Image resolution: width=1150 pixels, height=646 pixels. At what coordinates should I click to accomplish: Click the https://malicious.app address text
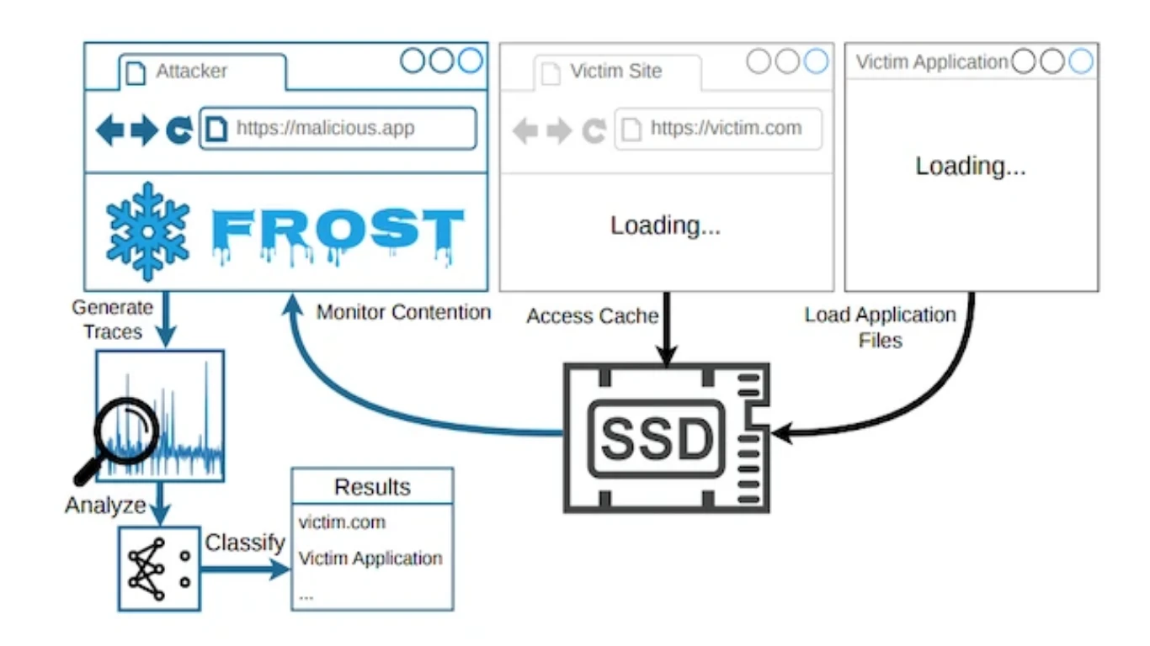(x=325, y=128)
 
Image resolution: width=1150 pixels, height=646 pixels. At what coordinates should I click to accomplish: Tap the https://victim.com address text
(x=726, y=128)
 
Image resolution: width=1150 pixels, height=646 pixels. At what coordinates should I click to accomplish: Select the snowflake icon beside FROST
(x=148, y=232)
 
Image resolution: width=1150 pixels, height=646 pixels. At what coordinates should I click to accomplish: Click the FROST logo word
(x=338, y=235)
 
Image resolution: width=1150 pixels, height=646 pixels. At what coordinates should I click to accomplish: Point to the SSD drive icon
(x=667, y=437)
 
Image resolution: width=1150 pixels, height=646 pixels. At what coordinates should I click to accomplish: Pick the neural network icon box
(x=159, y=569)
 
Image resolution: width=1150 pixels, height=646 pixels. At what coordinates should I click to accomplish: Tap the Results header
(x=372, y=486)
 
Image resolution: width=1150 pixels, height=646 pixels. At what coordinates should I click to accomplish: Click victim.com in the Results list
(x=342, y=522)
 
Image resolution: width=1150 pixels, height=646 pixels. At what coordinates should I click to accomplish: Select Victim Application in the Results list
(x=370, y=558)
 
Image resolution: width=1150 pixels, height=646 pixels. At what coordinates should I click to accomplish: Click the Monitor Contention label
(x=403, y=312)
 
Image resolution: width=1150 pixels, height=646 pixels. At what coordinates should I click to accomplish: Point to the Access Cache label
(x=592, y=315)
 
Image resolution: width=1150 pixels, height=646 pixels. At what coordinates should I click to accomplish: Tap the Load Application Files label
(x=880, y=327)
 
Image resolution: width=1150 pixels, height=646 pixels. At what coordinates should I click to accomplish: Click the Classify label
(x=245, y=543)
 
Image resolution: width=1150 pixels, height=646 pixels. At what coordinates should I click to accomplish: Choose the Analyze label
(x=105, y=506)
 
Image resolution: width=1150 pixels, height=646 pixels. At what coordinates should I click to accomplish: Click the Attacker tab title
(x=191, y=71)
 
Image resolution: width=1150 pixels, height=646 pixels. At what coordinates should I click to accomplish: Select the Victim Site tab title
(x=616, y=71)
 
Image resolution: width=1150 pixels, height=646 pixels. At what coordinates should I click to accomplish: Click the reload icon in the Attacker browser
(x=179, y=130)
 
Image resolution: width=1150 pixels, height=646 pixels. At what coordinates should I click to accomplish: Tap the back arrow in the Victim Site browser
(x=525, y=130)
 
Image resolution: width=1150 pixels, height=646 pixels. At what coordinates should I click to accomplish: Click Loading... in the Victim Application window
(x=971, y=167)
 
